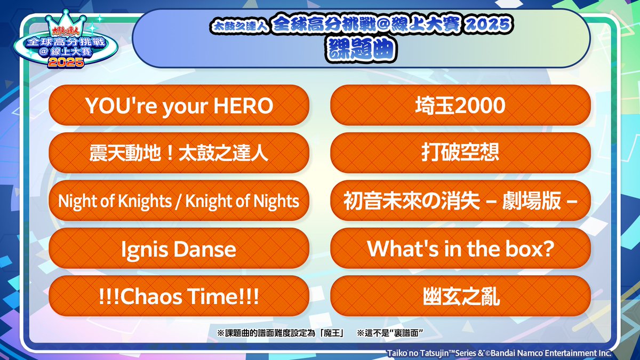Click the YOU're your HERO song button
179,106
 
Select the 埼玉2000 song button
460,106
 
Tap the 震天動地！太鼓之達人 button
179,154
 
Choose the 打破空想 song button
460,154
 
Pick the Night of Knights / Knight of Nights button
179,201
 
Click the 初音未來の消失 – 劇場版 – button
460,201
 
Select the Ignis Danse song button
179,249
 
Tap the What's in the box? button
460,249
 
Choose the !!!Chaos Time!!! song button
179,297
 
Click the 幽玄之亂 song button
460,297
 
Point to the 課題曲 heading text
361,49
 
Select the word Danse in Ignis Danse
207,249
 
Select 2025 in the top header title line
492,25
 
